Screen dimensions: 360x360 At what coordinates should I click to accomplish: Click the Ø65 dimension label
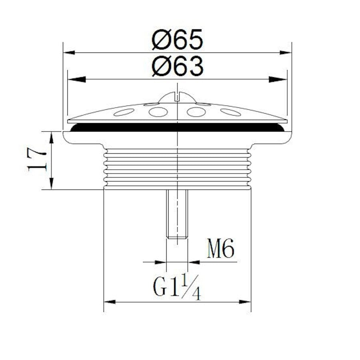coord(177,40)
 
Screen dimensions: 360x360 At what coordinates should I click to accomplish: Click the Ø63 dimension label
coord(177,66)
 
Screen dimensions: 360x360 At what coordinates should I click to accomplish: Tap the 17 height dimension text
coord(37,159)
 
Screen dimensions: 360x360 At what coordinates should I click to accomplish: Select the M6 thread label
coord(220,248)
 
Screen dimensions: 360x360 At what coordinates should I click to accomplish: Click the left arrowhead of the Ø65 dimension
coord(69,52)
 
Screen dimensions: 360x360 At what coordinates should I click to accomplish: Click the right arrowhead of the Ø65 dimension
coord(285,52)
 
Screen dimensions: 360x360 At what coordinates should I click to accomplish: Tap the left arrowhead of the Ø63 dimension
coord(77,80)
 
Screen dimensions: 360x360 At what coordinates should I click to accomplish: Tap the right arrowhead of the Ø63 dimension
coord(278,80)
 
